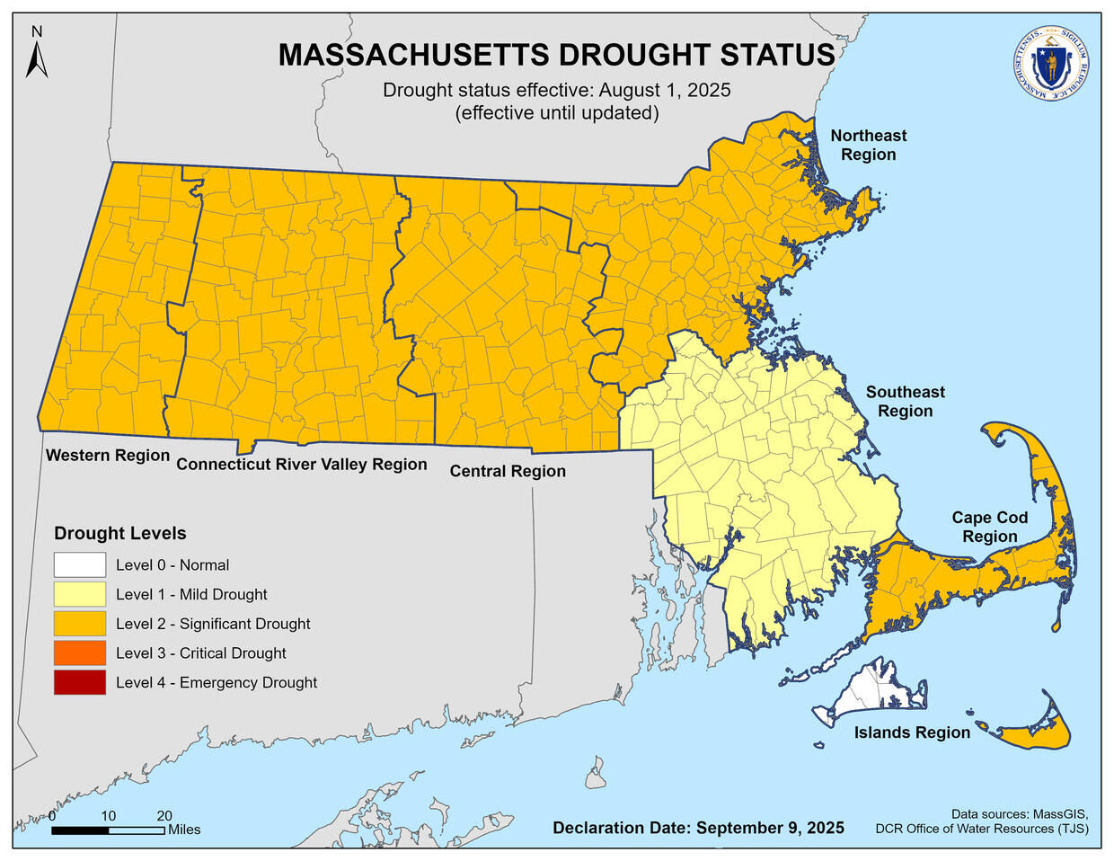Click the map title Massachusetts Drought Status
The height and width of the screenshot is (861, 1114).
pos(556,55)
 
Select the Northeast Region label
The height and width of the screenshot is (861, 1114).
pos(868,145)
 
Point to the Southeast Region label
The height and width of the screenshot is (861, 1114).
pos(905,402)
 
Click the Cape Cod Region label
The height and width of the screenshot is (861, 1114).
pos(989,527)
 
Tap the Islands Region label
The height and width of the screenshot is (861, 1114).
pos(912,732)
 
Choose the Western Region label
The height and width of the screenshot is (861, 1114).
pos(108,455)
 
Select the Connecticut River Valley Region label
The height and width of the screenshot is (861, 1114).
pos(301,464)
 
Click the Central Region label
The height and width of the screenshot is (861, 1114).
pos(508,471)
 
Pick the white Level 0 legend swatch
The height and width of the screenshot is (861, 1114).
pos(79,565)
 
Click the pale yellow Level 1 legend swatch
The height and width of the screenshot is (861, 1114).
pos(79,594)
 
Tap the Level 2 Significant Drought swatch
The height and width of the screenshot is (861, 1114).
pos(79,624)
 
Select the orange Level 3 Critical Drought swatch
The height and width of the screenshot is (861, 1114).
pos(79,653)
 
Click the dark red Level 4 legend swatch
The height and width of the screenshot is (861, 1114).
pos(79,682)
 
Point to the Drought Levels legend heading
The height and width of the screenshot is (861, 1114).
pos(120,533)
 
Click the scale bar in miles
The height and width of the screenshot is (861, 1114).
pos(108,830)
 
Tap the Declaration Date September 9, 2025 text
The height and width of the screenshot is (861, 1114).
pos(698,828)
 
